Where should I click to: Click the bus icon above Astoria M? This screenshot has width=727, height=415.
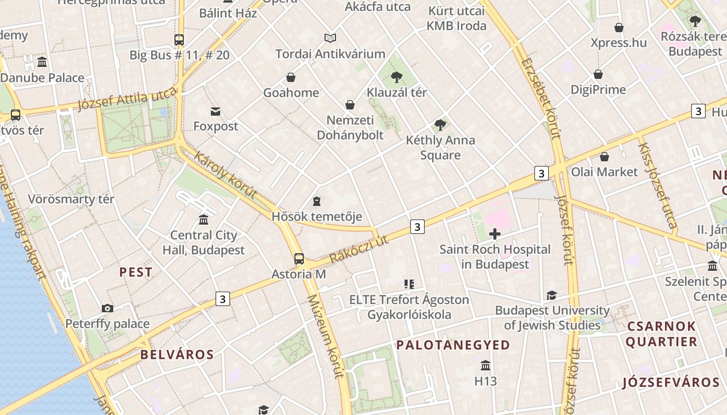(x=299, y=258)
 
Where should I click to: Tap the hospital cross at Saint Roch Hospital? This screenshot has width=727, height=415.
(x=495, y=234)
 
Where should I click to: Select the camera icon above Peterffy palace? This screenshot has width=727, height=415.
(x=107, y=308)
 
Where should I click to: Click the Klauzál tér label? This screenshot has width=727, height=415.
(x=397, y=92)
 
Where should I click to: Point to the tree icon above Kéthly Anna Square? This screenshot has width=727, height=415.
(x=440, y=125)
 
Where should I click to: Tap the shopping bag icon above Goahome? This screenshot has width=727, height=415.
(x=291, y=77)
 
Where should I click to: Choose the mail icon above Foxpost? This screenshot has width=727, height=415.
(x=216, y=112)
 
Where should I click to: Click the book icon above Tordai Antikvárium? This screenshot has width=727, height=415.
(x=330, y=38)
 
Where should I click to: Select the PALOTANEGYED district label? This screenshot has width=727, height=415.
(x=453, y=345)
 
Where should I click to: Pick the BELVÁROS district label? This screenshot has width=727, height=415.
(x=177, y=355)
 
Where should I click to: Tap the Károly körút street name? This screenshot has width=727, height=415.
(x=225, y=175)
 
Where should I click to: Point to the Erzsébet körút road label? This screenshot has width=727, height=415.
(x=542, y=98)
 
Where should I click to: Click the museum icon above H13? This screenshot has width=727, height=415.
(x=486, y=366)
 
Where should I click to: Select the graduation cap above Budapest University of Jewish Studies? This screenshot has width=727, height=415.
(x=551, y=296)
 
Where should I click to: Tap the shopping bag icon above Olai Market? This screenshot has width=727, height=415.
(x=604, y=157)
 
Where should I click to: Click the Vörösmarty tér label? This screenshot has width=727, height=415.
(x=71, y=199)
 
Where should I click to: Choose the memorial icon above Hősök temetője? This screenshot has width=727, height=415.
(x=317, y=201)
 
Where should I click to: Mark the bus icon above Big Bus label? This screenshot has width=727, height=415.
(x=179, y=39)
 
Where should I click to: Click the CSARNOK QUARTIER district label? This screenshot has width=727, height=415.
(x=661, y=334)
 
